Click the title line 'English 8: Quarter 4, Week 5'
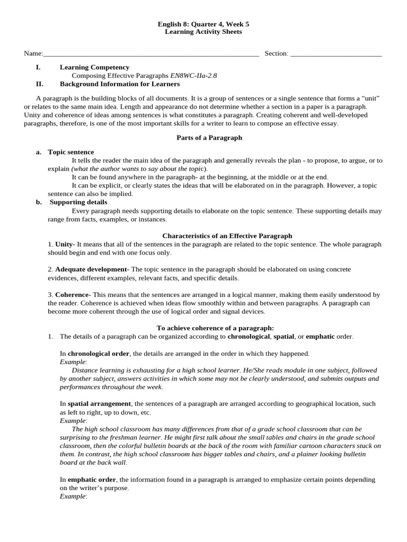203,24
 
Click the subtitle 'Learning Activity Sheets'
203,32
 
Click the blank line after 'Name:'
151,54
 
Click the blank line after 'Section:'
336,54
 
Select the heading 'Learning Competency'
94,67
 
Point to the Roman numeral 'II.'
39,84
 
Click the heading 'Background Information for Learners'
120,84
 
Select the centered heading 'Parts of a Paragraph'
209,138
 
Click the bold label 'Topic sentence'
71,152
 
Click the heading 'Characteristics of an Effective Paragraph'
227,236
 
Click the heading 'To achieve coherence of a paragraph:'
215,328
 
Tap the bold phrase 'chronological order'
99,353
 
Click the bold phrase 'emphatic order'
92,480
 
